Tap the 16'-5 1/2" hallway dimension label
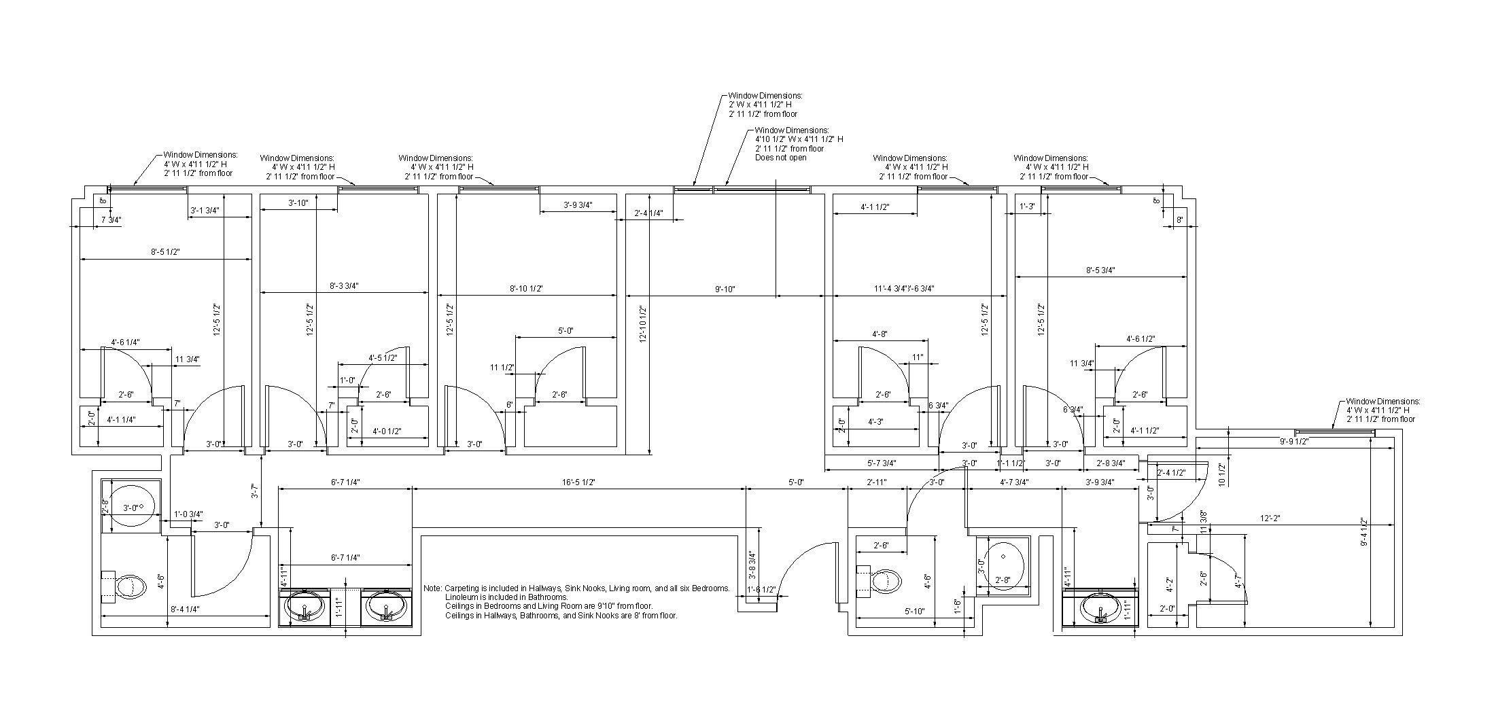click(x=578, y=482)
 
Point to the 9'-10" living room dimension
click(x=725, y=289)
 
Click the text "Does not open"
click(x=781, y=158)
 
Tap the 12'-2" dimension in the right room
click(x=1269, y=518)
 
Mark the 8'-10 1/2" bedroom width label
click(x=526, y=289)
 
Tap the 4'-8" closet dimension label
click(x=880, y=334)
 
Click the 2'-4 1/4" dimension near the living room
click(x=648, y=213)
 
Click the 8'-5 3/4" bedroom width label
click(x=1100, y=270)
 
